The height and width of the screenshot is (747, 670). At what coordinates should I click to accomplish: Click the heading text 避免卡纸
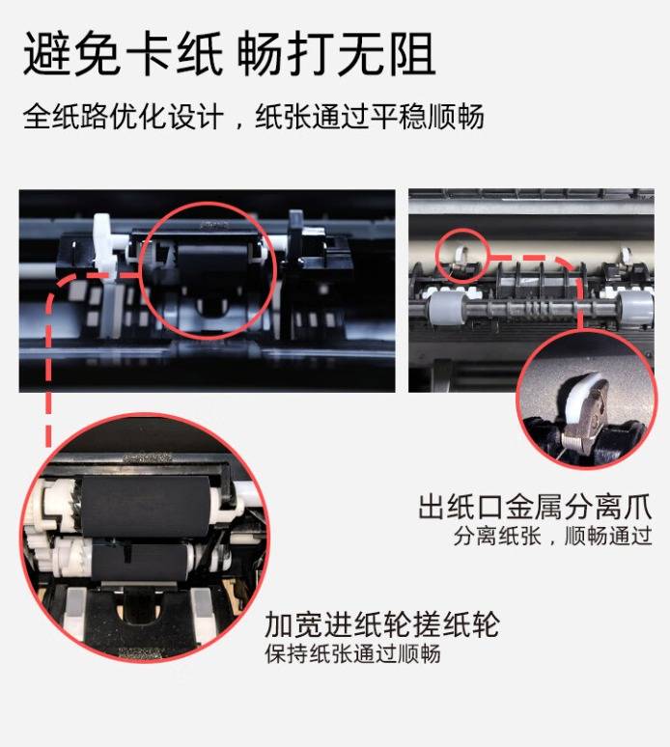pyautogui.click(x=123, y=53)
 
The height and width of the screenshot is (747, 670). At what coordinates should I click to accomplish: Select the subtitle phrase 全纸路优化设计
pyautogui.click(x=123, y=117)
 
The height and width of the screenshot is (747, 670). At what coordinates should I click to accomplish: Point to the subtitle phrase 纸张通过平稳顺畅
pyautogui.click(x=370, y=117)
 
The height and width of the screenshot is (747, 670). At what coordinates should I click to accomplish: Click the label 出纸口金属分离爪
pyautogui.click(x=535, y=507)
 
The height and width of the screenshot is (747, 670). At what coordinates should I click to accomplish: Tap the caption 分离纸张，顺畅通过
pyautogui.click(x=553, y=536)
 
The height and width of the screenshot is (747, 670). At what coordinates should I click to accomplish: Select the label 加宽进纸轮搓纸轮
pyautogui.click(x=381, y=624)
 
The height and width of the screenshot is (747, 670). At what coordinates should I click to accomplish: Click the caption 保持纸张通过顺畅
pyautogui.click(x=353, y=653)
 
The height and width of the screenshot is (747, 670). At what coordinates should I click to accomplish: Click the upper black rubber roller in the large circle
pyautogui.click(x=146, y=506)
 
